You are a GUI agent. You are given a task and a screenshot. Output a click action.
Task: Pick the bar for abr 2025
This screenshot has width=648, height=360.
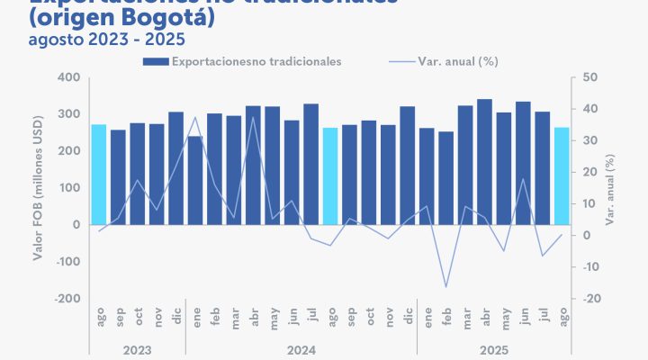[x=484, y=161]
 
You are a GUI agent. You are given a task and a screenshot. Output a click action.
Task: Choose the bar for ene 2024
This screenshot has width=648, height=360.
[x=195, y=180]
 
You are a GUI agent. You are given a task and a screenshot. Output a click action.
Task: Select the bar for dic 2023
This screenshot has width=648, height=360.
[x=176, y=167]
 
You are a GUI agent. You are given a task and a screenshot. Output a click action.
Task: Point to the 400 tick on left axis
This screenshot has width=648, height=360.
[x=68, y=77]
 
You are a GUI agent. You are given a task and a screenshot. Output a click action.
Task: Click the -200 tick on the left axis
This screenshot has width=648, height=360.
[x=66, y=299]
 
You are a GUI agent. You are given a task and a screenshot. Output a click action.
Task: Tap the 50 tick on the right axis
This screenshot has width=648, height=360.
[x=589, y=77]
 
